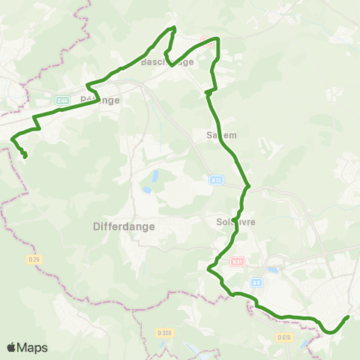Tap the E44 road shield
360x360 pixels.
[x=63, y=99]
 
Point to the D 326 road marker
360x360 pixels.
[x=165, y=332]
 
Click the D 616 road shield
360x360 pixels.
[x=283, y=337]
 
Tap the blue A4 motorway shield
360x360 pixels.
[x=256, y=283]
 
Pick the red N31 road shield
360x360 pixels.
[x=237, y=262]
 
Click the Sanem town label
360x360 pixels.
[x=220, y=136]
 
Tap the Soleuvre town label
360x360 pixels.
[x=230, y=222]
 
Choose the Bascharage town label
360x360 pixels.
[x=167, y=62]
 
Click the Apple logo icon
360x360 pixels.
[x=11, y=347]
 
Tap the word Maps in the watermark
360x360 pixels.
[x=32, y=347]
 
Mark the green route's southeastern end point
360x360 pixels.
[x=347, y=317]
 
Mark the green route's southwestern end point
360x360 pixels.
[x=25, y=156]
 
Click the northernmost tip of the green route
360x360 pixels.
[x=174, y=28]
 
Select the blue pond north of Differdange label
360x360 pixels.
[x=154, y=177]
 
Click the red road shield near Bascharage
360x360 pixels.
[x=208, y=44]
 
